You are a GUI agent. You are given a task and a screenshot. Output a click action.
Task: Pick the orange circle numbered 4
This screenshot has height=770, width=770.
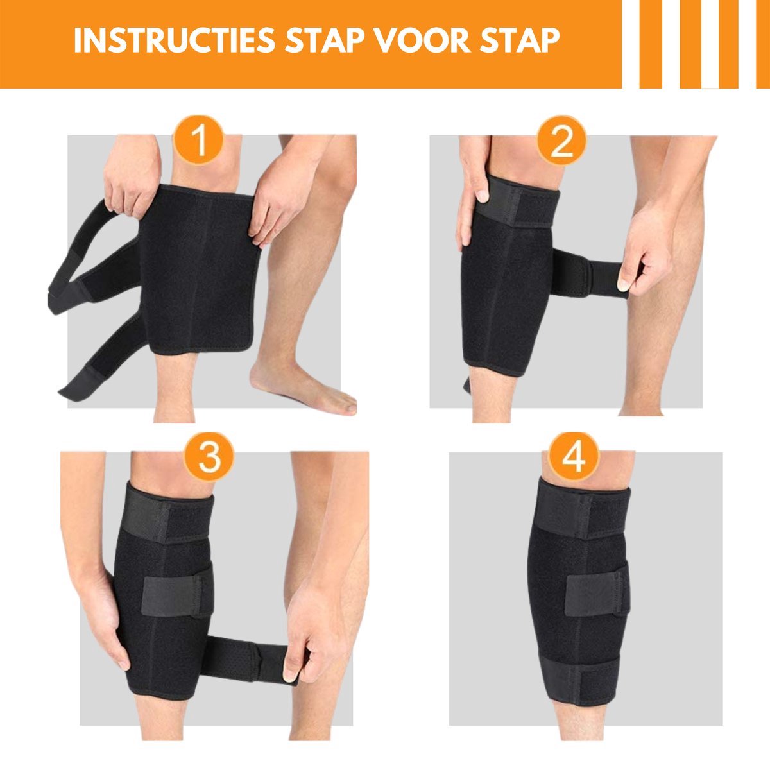(x=573, y=457)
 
